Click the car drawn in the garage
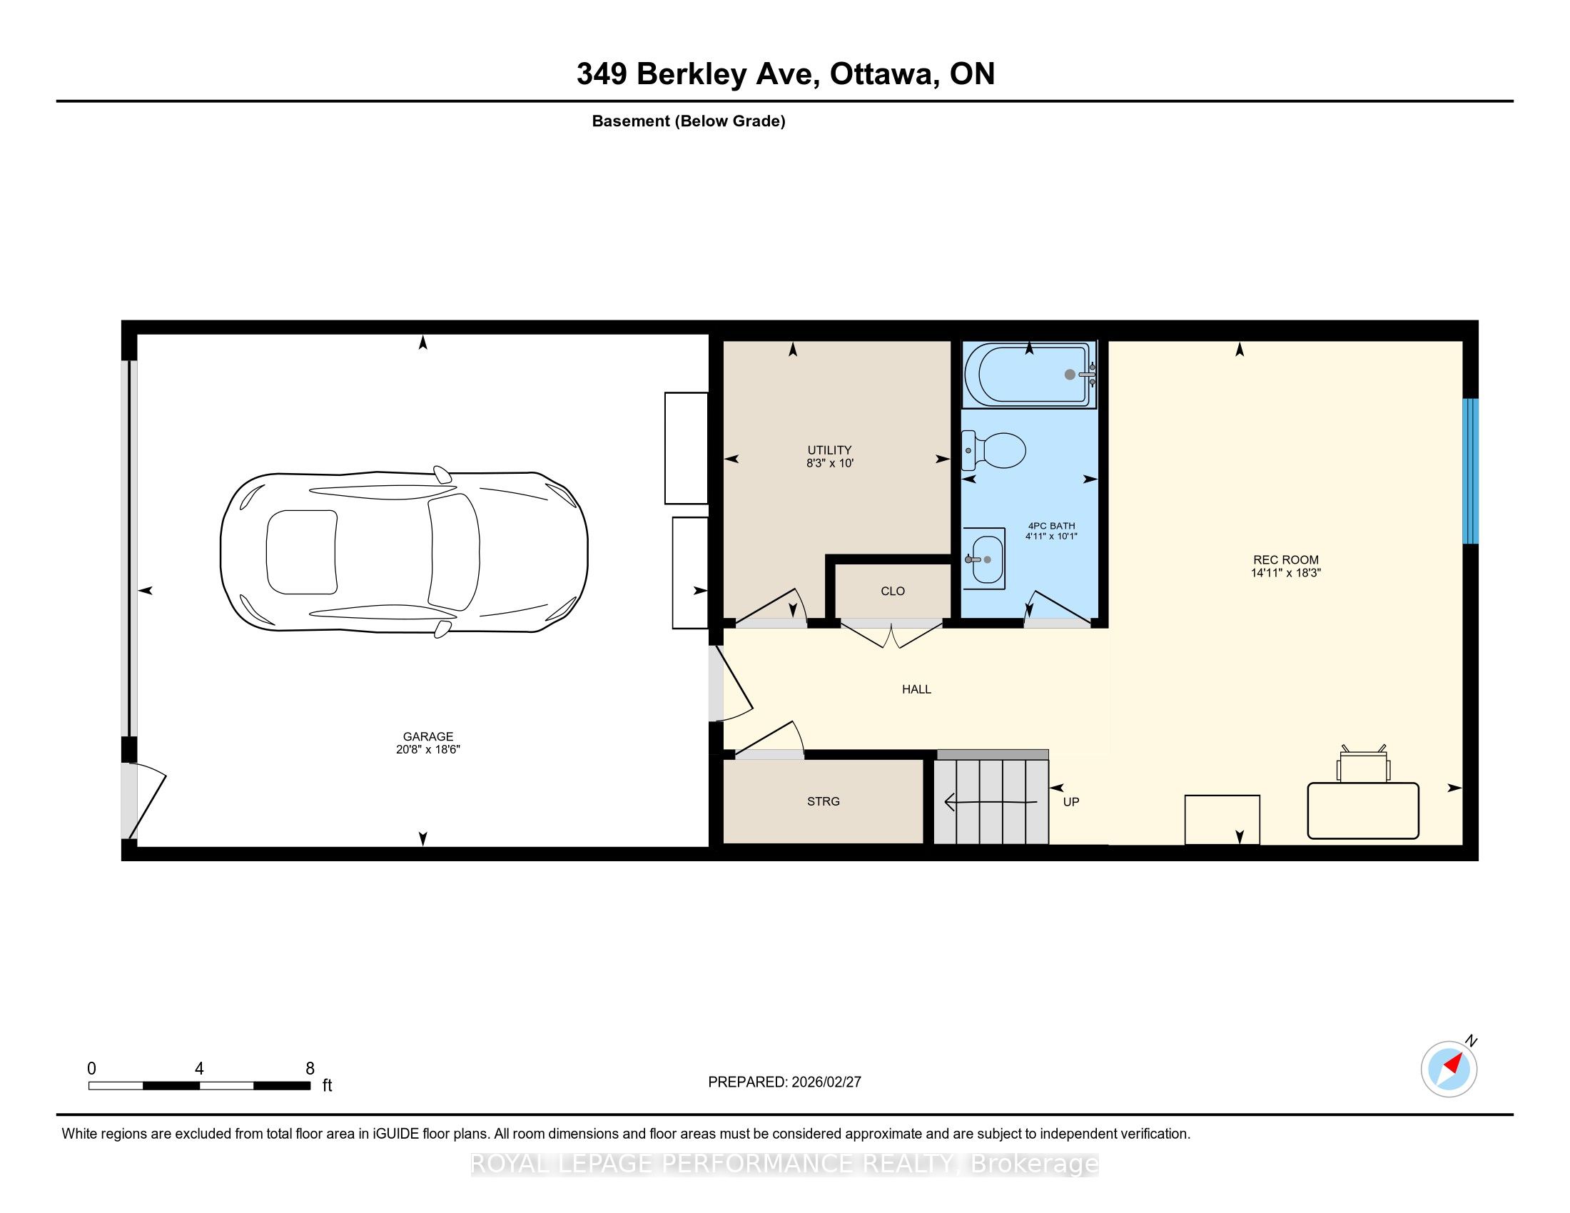404,552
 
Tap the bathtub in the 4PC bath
1029,375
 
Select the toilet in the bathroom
993,450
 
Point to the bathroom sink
984,559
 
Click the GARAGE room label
427,736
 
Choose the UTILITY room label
829,450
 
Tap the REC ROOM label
1286,560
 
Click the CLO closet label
893,591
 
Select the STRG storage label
823,801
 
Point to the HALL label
916,689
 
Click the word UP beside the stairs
1071,802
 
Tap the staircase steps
991,801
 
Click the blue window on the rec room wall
1471,471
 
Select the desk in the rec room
1363,811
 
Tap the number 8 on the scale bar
310,1069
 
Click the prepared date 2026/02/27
826,1082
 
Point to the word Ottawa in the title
884,74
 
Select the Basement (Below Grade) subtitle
689,121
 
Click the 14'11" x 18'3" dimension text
1286,574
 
